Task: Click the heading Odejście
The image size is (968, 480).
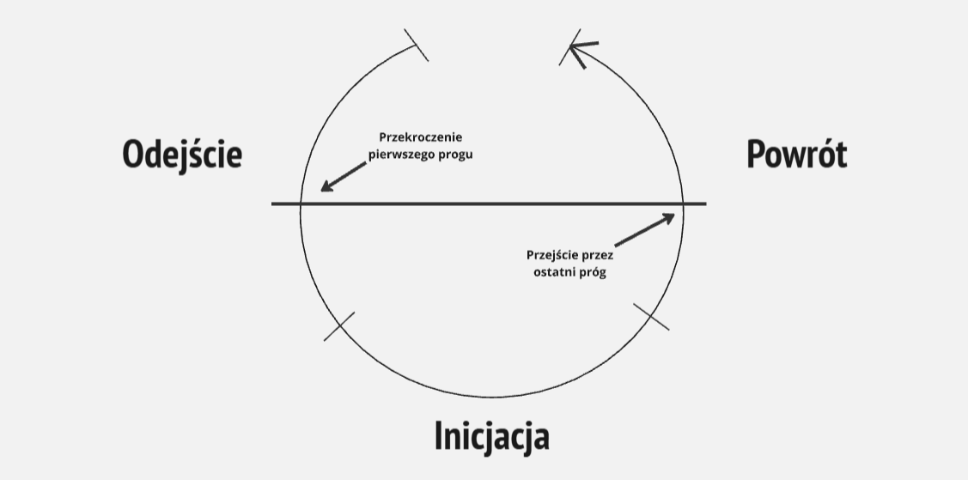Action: tap(182, 155)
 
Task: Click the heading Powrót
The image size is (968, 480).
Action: tap(796, 155)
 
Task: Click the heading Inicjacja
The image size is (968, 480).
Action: tap(491, 436)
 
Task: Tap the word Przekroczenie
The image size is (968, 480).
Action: tap(421, 137)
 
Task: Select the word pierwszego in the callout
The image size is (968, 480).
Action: tap(403, 155)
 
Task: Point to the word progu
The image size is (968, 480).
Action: tap(456, 155)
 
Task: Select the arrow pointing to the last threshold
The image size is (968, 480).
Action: tap(645, 230)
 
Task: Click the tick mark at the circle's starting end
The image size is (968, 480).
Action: tap(417, 45)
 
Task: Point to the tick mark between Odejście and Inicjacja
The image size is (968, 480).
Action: tap(339, 326)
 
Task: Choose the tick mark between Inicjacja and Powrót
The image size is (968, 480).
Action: tap(651, 316)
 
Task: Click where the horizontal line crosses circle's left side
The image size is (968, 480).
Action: tap(301, 204)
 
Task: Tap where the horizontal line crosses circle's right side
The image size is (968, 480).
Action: tap(683, 204)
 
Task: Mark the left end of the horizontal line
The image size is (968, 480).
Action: tap(273, 204)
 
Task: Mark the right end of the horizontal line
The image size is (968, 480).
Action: tap(705, 204)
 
